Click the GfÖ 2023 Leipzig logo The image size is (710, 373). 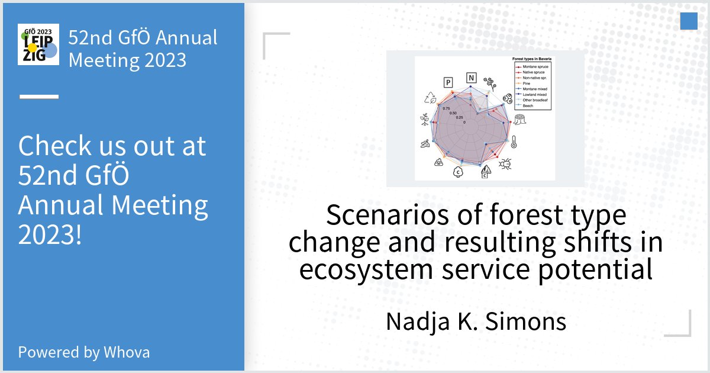[x=38, y=44]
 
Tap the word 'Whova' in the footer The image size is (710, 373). [x=127, y=352]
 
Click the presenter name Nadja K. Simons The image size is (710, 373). [x=476, y=321]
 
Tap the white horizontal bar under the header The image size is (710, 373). [x=39, y=96]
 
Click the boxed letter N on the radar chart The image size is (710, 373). [x=471, y=78]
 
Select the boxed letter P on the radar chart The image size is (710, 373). [x=448, y=82]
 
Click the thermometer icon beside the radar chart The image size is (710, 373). [x=515, y=142]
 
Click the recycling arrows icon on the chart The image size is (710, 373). [x=430, y=98]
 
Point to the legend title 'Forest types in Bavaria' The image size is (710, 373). [x=531, y=60]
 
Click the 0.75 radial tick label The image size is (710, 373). [x=446, y=108]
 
